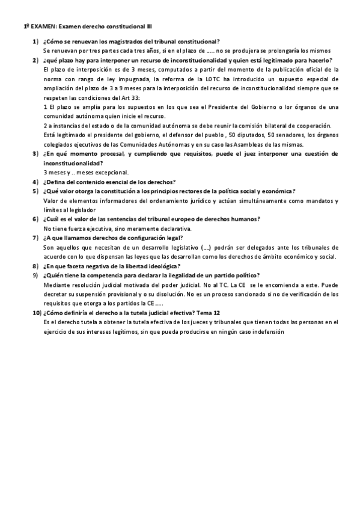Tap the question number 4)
[x=36, y=182]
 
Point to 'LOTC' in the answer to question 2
[x=219, y=79]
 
